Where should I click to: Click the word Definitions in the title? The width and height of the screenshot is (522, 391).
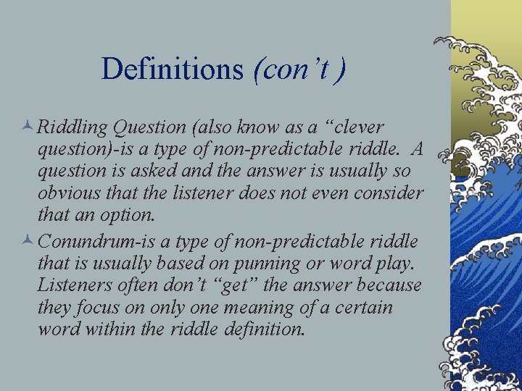point(173,69)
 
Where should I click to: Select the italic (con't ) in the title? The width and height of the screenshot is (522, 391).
point(299,69)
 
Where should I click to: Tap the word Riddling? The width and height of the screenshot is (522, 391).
point(72,127)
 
